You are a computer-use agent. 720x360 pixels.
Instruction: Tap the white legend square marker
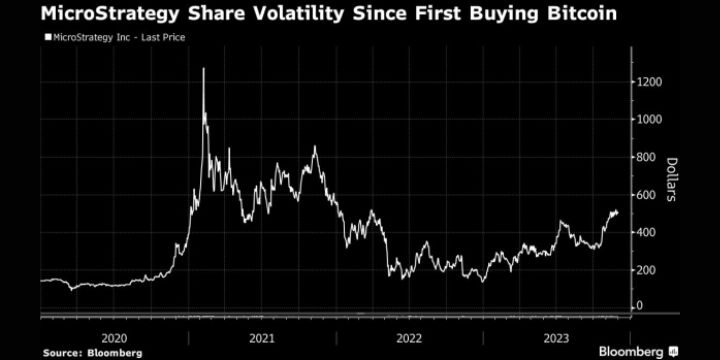(x=46, y=38)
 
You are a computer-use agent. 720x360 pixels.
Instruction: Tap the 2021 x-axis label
(x=262, y=337)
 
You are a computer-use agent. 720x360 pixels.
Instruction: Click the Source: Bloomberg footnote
(x=91, y=352)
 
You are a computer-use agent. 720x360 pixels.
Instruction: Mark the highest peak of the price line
(x=204, y=69)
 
